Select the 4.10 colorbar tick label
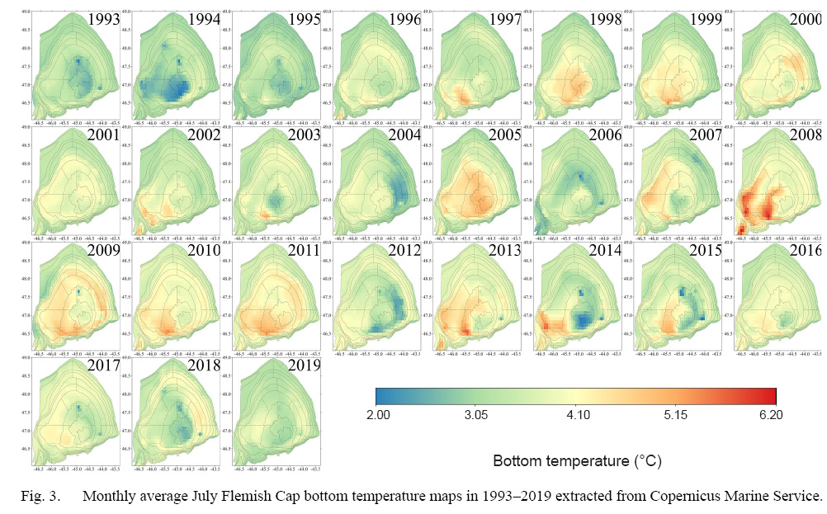(x=575, y=416)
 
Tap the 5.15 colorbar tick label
(x=672, y=416)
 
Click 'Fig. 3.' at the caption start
(x=35, y=497)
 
